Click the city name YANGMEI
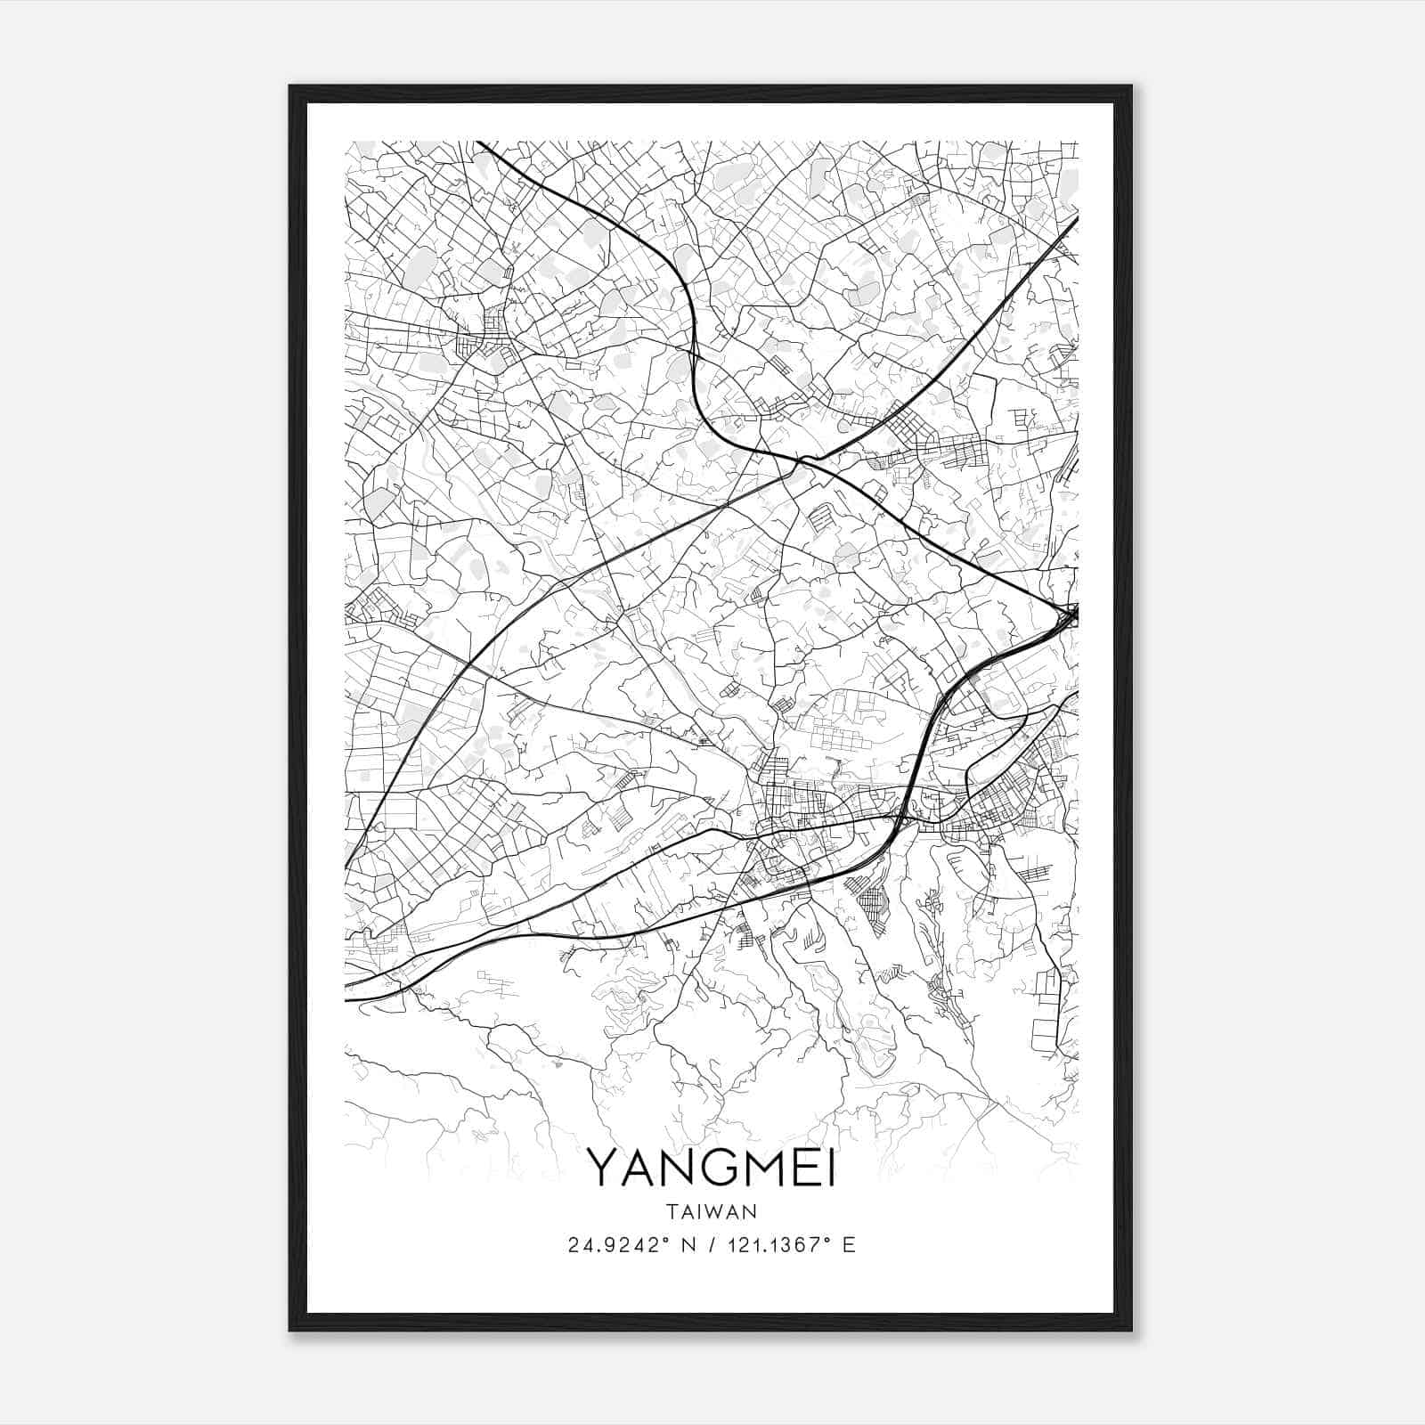[712, 1168]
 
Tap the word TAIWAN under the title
[712, 1211]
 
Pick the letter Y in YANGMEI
[603, 1168]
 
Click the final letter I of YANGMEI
[831, 1168]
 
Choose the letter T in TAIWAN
[672, 1211]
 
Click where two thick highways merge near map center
[802, 460]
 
